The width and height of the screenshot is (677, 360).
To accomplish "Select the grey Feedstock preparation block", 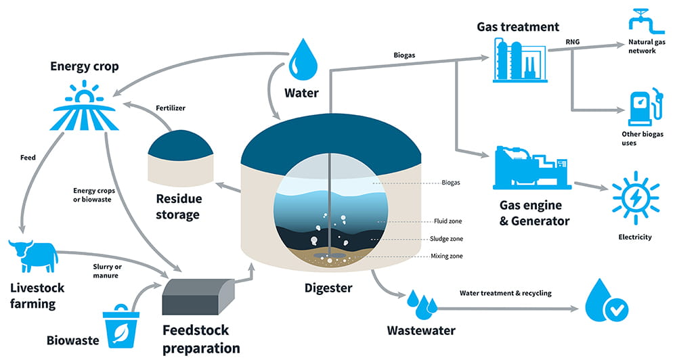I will pos(198,296).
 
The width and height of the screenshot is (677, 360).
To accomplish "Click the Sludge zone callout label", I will pos(447,239).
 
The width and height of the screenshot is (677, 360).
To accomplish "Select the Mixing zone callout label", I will pos(447,256).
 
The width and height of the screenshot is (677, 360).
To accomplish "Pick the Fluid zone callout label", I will pos(447,221).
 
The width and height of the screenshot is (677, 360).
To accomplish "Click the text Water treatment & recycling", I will pos(506,293).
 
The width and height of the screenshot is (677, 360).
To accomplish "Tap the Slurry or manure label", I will pos(107,271).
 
